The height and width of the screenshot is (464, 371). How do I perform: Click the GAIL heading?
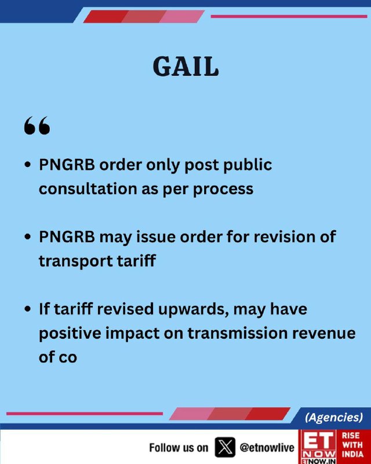coord(186,67)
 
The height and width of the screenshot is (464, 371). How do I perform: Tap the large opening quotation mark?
coord(37,125)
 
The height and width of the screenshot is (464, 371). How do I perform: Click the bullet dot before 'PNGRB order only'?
coord(28,165)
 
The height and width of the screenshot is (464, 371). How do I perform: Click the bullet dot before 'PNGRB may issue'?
coord(28,237)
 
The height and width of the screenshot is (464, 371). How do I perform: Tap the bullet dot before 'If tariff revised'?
coord(28,309)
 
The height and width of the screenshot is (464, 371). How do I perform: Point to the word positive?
coord(70,333)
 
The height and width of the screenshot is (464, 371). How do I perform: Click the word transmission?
coord(238,333)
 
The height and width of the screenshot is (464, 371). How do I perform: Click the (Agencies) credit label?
coord(334,417)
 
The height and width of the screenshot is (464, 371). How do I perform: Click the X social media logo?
coord(225,447)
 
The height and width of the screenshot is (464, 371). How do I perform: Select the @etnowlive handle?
coord(267,447)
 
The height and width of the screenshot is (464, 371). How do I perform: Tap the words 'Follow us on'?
coord(179,448)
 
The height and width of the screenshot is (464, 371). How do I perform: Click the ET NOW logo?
coord(318,447)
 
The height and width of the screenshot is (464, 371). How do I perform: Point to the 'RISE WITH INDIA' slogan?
coord(352,444)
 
